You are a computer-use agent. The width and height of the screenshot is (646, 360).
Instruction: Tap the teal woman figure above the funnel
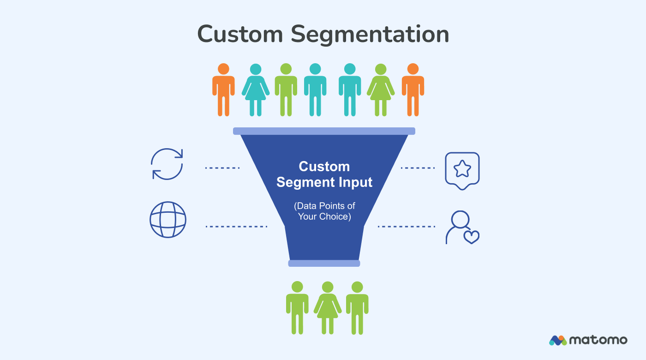(x=256, y=90)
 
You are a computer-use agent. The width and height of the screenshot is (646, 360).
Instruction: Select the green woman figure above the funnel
(x=381, y=90)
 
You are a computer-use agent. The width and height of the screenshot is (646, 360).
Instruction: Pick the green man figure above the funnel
(x=286, y=90)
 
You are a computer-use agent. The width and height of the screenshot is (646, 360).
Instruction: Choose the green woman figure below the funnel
(x=327, y=307)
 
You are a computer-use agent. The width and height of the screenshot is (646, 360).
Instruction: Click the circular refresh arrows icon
(x=167, y=164)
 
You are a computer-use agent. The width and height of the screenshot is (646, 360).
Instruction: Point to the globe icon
(x=168, y=219)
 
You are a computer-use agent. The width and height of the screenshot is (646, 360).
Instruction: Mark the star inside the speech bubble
(x=462, y=169)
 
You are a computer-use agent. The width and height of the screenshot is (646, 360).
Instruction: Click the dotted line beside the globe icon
(x=236, y=227)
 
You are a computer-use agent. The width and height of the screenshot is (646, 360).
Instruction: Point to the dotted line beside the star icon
(x=418, y=168)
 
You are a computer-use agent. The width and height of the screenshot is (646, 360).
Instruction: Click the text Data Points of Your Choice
(x=324, y=211)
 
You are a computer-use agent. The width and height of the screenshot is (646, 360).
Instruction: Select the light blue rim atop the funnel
(x=324, y=131)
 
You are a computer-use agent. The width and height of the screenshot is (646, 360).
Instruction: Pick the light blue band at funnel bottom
(x=324, y=263)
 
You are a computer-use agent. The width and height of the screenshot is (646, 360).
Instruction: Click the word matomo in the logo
(x=598, y=340)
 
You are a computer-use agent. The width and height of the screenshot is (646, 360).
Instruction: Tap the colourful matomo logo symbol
(x=557, y=340)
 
